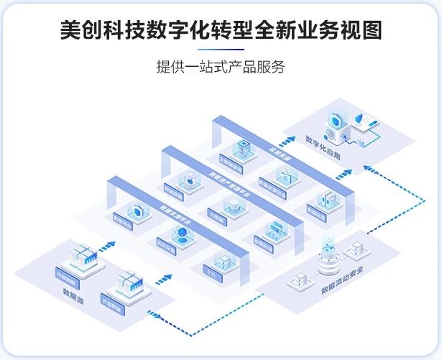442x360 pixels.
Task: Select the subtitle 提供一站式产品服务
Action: (x=221, y=67)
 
